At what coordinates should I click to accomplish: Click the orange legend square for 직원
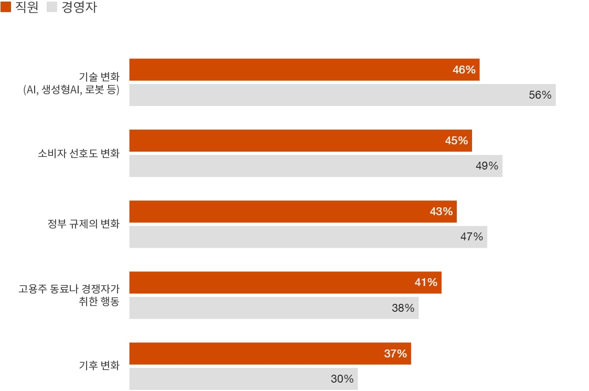[x=6, y=8]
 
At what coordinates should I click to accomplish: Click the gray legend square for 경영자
[x=52, y=8]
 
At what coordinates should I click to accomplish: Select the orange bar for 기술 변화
[x=304, y=70]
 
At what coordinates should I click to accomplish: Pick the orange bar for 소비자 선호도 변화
[x=300, y=141]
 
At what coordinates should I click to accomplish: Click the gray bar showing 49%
[x=315, y=166]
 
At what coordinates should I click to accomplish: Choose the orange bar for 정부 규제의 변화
[x=293, y=212]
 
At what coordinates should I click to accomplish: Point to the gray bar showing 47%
[x=308, y=237]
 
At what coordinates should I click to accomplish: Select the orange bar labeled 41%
[x=285, y=282]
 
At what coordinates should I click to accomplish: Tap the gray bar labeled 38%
[x=274, y=308]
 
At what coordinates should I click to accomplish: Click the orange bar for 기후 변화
[x=270, y=354]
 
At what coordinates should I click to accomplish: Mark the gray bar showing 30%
[x=243, y=379]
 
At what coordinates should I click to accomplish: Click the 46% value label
[x=464, y=70]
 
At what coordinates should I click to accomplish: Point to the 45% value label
[x=456, y=141]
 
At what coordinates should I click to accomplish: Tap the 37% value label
[x=395, y=354]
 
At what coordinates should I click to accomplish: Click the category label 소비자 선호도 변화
[x=79, y=154]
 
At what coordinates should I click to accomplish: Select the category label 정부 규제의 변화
[x=83, y=225]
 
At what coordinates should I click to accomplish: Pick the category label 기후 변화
[x=99, y=366]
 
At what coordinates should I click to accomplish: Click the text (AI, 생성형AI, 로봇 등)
[x=71, y=90]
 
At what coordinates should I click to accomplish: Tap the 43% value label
[x=441, y=212]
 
